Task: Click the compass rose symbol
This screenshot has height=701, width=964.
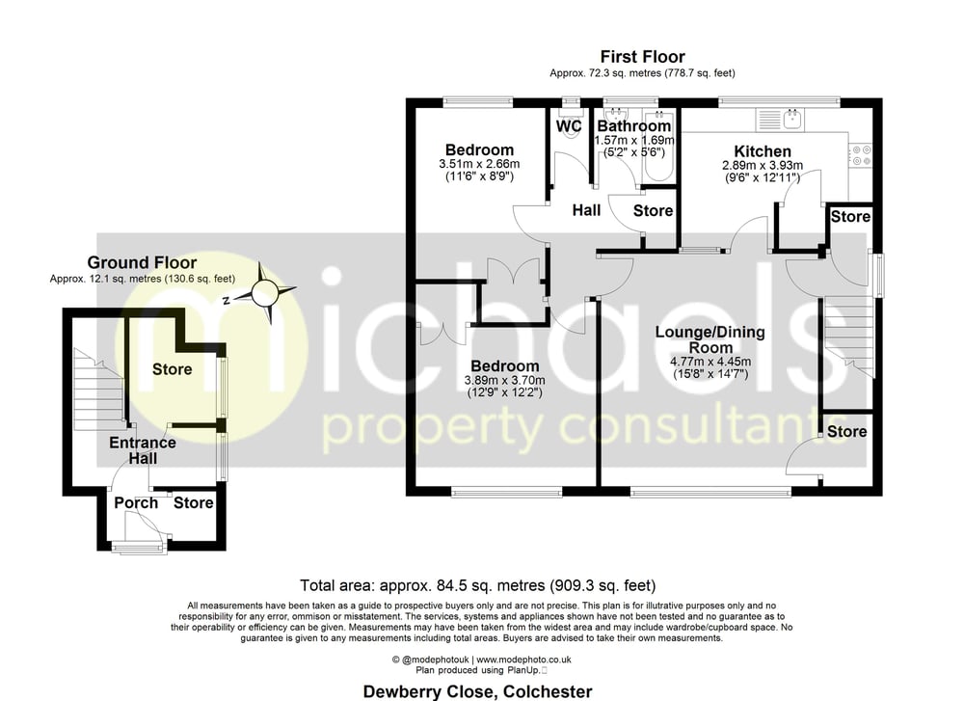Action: [x=265, y=293]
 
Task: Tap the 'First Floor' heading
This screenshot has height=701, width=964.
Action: [x=642, y=57]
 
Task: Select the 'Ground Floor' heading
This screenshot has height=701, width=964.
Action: [x=142, y=262]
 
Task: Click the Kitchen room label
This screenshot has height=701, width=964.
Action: [x=763, y=151]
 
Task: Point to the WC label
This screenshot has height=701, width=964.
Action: [x=569, y=126]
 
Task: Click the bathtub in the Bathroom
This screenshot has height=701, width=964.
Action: [x=659, y=147]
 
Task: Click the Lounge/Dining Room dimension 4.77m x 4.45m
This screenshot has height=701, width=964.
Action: [x=710, y=363]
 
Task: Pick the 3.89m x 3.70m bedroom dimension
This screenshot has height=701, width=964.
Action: [x=504, y=381]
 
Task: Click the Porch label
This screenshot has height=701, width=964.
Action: [x=136, y=503]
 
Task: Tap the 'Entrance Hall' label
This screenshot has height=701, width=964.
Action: [x=143, y=450]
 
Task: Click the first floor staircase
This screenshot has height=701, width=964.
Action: [x=848, y=337]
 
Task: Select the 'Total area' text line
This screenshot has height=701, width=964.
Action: [x=478, y=585]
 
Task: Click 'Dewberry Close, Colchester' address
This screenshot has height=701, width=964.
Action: [x=478, y=691]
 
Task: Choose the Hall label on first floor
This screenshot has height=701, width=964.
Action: [x=586, y=210]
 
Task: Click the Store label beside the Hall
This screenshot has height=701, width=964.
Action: [x=653, y=211]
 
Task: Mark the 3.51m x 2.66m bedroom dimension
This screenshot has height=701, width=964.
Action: [x=479, y=164]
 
